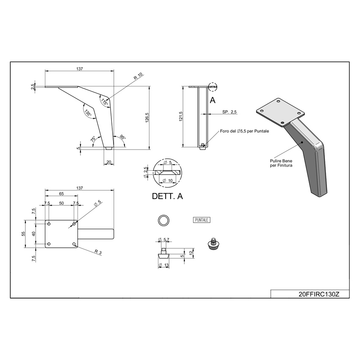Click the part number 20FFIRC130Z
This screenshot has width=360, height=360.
[x=318, y=294]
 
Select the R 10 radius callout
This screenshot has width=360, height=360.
[x=138, y=76]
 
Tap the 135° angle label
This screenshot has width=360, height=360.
[x=88, y=113]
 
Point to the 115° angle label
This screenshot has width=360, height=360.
[x=105, y=102]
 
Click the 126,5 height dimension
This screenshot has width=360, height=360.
[x=147, y=118]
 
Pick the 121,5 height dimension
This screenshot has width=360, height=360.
[x=180, y=116]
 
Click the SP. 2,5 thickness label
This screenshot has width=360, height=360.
[x=229, y=112]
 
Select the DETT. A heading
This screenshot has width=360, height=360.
[x=167, y=196]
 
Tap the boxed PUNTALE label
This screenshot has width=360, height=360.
[x=201, y=220]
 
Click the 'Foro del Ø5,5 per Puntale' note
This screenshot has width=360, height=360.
[x=244, y=131]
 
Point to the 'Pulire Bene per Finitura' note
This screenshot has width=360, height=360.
[x=281, y=163]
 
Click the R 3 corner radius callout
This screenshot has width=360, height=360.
[x=98, y=252]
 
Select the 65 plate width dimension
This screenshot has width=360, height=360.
[x=61, y=194]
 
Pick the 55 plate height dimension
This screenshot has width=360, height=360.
[x=23, y=234]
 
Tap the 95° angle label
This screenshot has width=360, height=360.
[x=123, y=137]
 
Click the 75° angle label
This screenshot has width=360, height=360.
[x=93, y=139]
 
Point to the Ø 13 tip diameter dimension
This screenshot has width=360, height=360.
[x=164, y=265]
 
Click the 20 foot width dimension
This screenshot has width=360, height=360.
[x=109, y=162]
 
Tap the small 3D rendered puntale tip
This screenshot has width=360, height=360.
[x=213, y=244]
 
